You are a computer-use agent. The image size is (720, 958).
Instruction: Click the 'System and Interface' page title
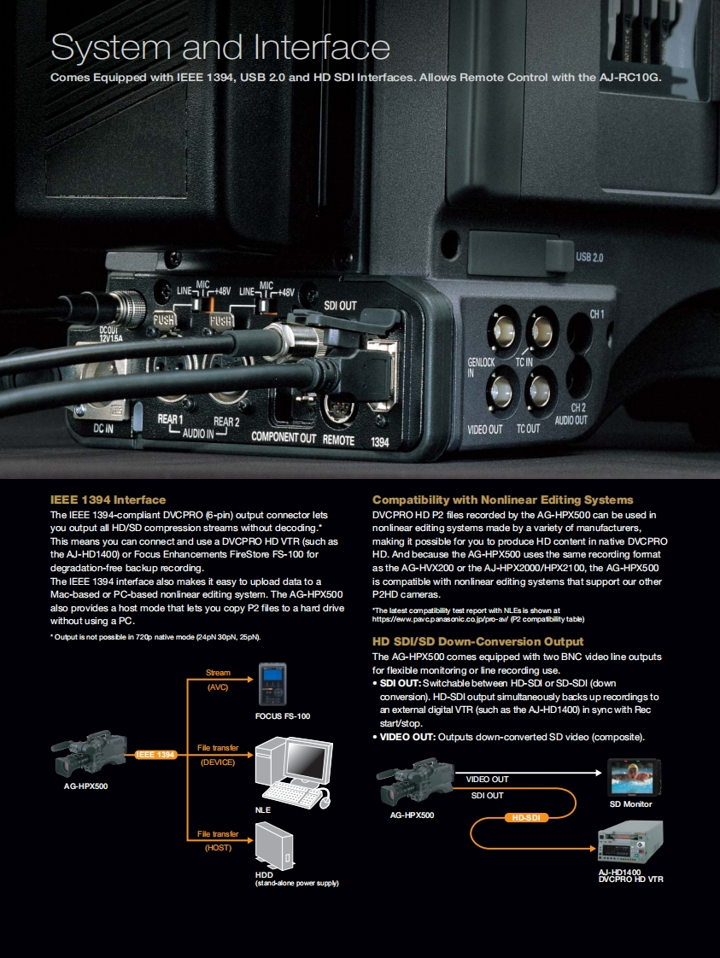click(220, 47)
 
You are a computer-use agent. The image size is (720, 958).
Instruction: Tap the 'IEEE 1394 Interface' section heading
click(108, 499)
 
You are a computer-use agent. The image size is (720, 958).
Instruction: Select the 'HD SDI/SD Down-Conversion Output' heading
click(477, 641)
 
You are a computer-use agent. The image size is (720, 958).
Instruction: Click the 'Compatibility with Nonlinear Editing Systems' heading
click(502, 499)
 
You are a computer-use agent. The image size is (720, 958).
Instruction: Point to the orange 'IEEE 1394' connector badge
click(155, 755)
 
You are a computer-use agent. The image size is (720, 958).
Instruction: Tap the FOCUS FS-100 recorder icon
click(272, 685)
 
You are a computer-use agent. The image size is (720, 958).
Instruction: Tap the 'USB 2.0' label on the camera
click(589, 257)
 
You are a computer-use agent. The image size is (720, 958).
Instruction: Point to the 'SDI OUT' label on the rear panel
click(341, 306)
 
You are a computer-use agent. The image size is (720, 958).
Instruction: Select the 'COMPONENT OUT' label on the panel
click(284, 436)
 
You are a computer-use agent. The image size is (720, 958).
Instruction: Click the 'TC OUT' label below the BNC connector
click(528, 429)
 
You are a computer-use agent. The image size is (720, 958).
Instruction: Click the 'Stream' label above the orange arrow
click(218, 673)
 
